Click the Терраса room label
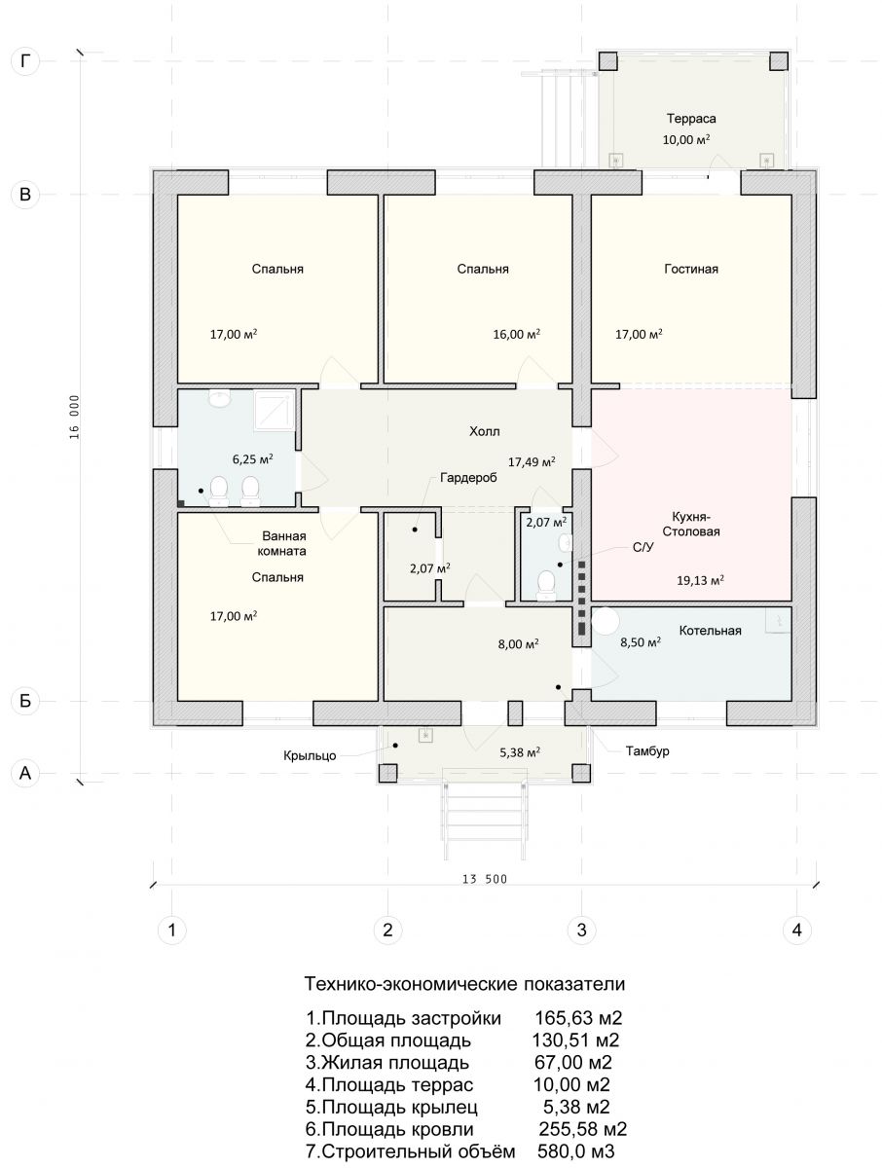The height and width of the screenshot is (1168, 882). tap(691, 119)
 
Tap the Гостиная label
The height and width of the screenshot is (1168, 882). tap(691, 269)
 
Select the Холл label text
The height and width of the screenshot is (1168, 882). tap(484, 431)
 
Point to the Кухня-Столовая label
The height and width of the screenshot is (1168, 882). tap(691, 524)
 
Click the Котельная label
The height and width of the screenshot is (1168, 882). tap(710, 631)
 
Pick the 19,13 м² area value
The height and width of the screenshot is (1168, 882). tap(700, 580)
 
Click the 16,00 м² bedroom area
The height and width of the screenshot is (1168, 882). tap(517, 334)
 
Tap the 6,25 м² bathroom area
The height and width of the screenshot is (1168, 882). tap(253, 458)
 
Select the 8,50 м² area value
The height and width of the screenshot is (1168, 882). tap(641, 641)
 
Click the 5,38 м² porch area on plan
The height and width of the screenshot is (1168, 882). tap(520, 752)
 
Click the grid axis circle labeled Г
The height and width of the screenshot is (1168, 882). tap(25, 61)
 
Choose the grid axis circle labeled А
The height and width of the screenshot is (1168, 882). tap(25, 773)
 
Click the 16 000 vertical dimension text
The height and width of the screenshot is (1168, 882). tap(74, 418)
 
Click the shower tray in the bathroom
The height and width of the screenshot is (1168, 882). tap(274, 409)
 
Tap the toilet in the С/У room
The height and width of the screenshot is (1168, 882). tap(546, 586)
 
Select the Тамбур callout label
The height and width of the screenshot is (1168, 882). tap(646, 751)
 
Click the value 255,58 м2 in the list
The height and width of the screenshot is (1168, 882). tap(583, 1130)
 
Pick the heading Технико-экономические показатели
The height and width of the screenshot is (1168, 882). tap(464, 984)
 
